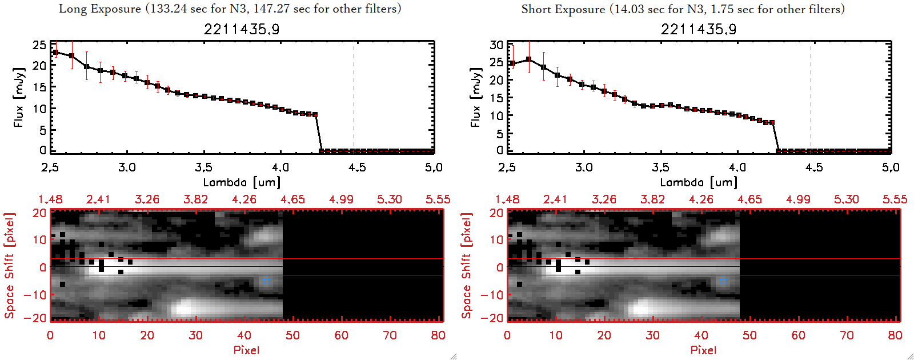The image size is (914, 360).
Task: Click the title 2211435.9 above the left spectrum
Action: point(242,29)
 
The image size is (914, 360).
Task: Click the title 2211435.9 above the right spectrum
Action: point(699,29)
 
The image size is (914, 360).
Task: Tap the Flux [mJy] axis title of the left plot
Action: point(19,97)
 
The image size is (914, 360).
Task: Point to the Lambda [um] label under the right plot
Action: point(699,182)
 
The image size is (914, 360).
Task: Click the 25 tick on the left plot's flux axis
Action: point(39,45)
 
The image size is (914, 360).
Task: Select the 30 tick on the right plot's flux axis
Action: point(496,45)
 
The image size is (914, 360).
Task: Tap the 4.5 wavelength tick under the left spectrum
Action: point(357,167)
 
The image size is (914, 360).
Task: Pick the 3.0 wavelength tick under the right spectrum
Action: point(584,167)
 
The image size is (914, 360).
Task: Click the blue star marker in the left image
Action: point(266,281)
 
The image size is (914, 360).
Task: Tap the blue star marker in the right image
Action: point(723,281)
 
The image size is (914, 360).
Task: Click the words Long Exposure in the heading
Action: point(100,9)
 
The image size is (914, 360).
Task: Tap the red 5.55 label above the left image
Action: point(438,199)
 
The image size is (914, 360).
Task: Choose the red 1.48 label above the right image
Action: point(507,199)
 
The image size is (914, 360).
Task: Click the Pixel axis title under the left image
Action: point(246,350)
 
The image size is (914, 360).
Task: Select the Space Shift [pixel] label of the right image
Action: point(467,266)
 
